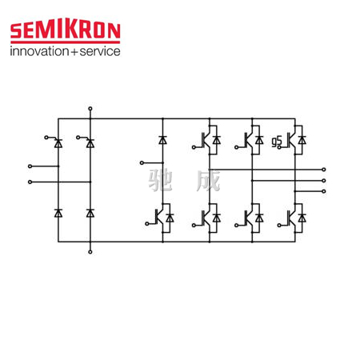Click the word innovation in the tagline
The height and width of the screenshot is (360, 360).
(x=39, y=51)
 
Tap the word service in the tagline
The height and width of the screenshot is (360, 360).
(x=100, y=51)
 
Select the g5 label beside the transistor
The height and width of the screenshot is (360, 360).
(x=277, y=142)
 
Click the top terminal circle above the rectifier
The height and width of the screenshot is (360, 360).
(x=90, y=109)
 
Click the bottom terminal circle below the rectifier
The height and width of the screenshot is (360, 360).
(x=90, y=252)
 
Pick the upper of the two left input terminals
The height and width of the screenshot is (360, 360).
(x=30, y=166)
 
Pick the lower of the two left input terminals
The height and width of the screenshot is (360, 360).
(x=30, y=182)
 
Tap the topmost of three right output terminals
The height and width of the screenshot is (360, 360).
(x=324, y=170)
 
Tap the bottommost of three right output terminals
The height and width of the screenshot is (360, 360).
(x=324, y=191)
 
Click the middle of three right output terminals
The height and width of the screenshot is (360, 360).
(x=324, y=181)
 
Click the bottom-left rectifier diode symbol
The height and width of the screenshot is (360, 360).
(x=58, y=213)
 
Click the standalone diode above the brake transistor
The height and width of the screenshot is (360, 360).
(x=162, y=140)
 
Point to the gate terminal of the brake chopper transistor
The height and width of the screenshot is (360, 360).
(x=147, y=224)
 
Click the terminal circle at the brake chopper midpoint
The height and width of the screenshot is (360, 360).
(x=142, y=162)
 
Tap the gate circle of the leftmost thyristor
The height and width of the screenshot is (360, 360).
(x=46, y=138)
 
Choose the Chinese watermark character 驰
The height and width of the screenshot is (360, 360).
(x=160, y=180)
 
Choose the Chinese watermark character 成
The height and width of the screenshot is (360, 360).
(x=209, y=180)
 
